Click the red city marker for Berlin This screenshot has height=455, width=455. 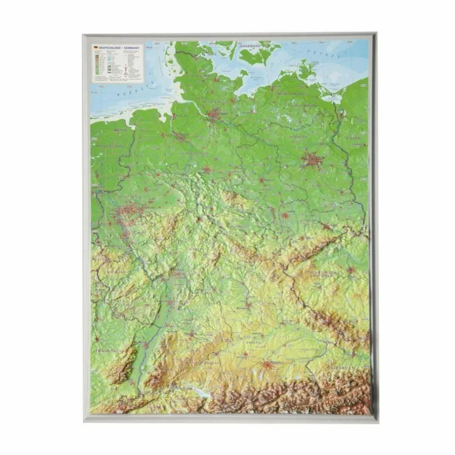312,160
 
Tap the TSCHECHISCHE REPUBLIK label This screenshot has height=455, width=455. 324,275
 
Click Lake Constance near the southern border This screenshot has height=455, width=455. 198,392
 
